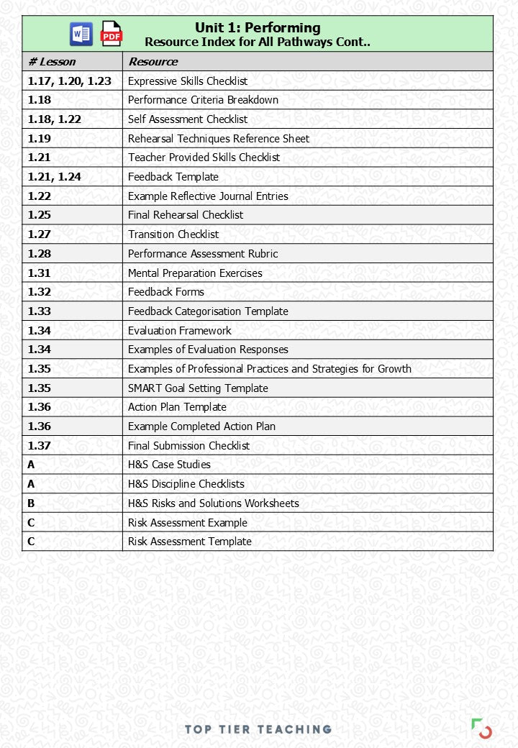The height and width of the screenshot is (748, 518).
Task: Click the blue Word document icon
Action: [x=81, y=34]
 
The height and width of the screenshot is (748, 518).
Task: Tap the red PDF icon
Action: [x=112, y=34]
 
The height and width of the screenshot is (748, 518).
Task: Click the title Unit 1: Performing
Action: [x=258, y=28]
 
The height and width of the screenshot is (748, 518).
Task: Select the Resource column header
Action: [x=153, y=62]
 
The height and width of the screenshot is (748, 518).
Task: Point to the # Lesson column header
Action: [x=52, y=62]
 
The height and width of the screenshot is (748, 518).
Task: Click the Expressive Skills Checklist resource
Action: [x=188, y=81]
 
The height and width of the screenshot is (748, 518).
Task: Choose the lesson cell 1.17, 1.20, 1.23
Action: [x=70, y=81]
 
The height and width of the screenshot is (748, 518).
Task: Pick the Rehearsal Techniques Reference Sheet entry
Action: [x=219, y=138]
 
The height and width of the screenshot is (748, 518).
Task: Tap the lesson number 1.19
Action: [x=40, y=138]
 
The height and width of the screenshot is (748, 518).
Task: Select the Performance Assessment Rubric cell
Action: [x=203, y=253]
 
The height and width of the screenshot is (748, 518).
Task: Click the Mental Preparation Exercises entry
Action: [x=195, y=273]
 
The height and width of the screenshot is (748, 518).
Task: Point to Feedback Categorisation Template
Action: [x=208, y=311]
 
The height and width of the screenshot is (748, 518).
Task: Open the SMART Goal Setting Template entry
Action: [x=198, y=388]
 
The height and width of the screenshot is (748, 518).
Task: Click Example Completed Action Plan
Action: [x=201, y=427]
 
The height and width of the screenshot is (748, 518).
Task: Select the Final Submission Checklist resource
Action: [x=188, y=446]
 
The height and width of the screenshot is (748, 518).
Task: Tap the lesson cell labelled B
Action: [x=32, y=503]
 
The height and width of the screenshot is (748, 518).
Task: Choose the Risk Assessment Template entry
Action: [x=190, y=542]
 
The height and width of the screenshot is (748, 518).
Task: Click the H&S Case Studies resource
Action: [x=169, y=465]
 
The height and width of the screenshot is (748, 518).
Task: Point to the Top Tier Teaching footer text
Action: [x=258, y=729]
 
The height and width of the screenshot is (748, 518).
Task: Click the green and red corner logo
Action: [x=481, y=728]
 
